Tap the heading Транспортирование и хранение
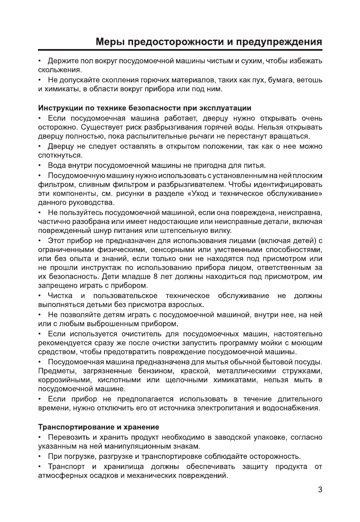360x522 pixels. [99, 427]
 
